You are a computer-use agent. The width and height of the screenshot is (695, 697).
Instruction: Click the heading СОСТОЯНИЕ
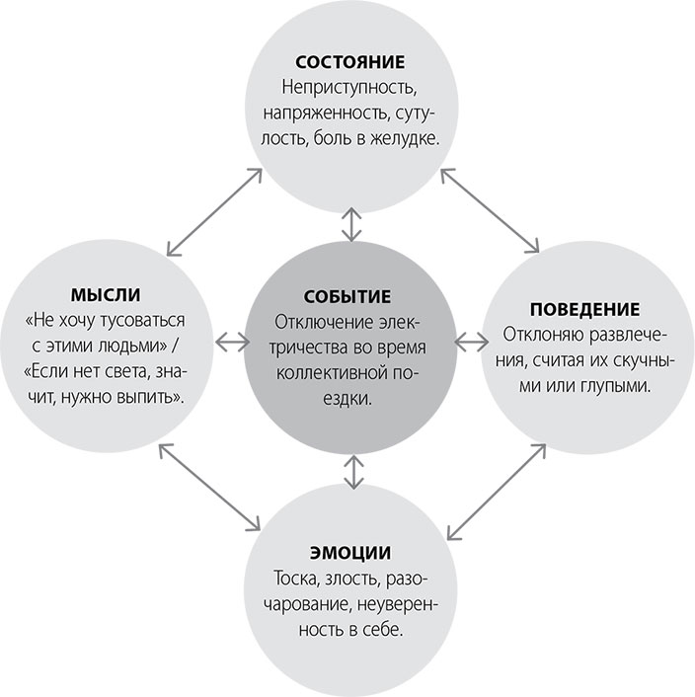point(347,61)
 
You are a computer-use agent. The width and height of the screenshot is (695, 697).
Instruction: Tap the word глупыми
point(619,385)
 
